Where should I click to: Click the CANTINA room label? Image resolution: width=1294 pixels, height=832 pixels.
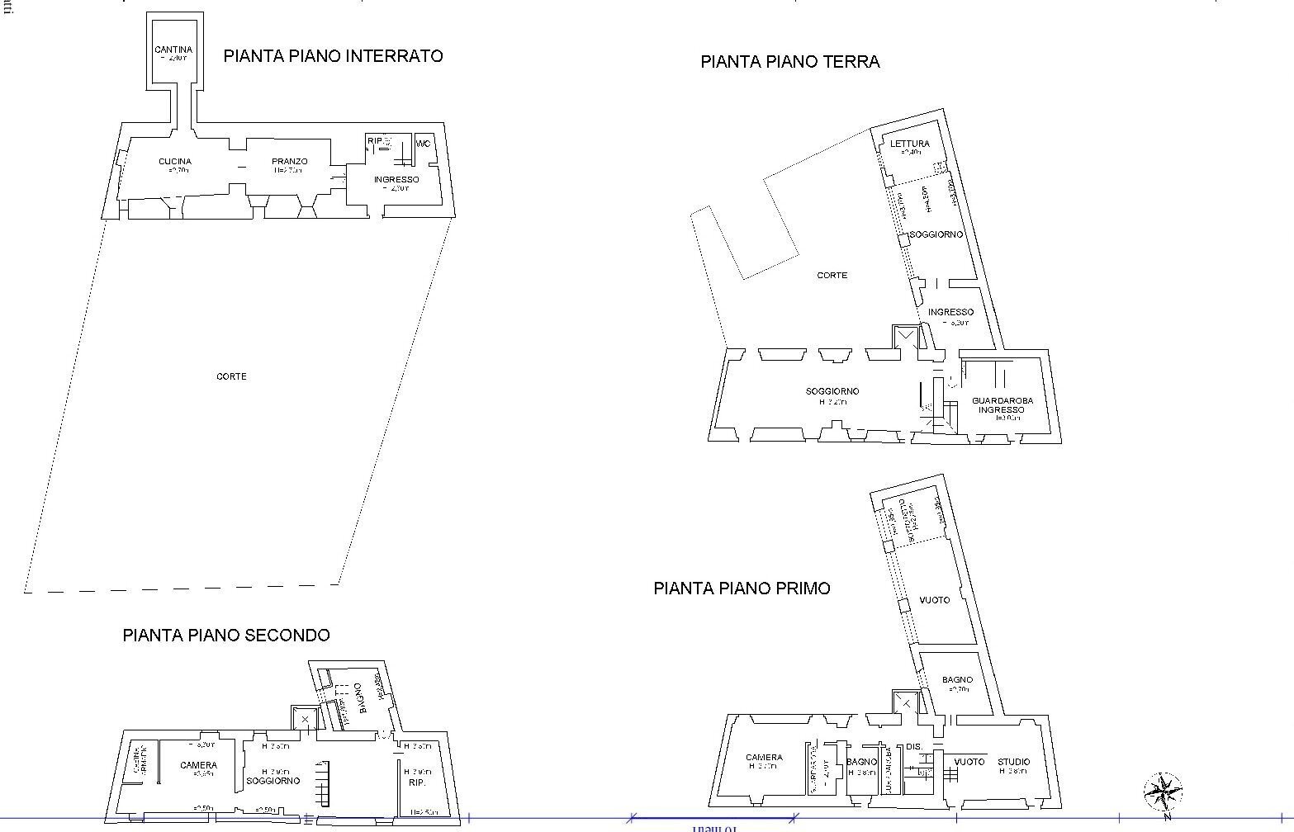[173, 50]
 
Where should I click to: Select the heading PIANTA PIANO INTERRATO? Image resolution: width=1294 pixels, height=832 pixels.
[333, 56]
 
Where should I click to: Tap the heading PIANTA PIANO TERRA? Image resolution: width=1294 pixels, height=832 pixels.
[789, 62]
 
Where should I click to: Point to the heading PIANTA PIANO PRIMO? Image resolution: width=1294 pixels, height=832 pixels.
[742, 589]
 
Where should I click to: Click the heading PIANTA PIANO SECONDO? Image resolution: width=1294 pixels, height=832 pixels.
[226, 636]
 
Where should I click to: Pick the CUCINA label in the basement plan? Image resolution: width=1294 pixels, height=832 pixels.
[175, 162]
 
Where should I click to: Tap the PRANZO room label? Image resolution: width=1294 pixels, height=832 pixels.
[290, 162]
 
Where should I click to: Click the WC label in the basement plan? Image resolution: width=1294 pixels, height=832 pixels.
[424, 144]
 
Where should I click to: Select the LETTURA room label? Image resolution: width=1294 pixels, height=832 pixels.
[909, 144]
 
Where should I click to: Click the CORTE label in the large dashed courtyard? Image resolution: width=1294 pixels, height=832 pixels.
[231, 376]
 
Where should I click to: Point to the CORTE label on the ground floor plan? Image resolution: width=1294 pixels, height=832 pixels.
[832, 276]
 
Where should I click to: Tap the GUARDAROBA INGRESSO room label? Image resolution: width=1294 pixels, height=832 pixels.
[1002, 405]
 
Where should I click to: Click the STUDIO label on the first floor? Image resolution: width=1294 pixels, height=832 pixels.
[1013, 762]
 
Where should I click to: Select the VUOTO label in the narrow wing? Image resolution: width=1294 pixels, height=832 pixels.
[935, 600]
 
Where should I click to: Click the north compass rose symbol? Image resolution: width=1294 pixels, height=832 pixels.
[1162, 792]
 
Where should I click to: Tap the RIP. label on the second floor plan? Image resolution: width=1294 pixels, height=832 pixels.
[417, 782]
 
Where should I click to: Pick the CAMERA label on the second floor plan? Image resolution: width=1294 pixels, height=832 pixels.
[198, 766]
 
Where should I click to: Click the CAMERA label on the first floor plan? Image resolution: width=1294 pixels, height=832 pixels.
[764, 758]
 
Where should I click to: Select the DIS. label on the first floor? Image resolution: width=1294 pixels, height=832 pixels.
[914, 747]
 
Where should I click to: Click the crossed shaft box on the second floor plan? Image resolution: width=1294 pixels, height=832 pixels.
[305, 720]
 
